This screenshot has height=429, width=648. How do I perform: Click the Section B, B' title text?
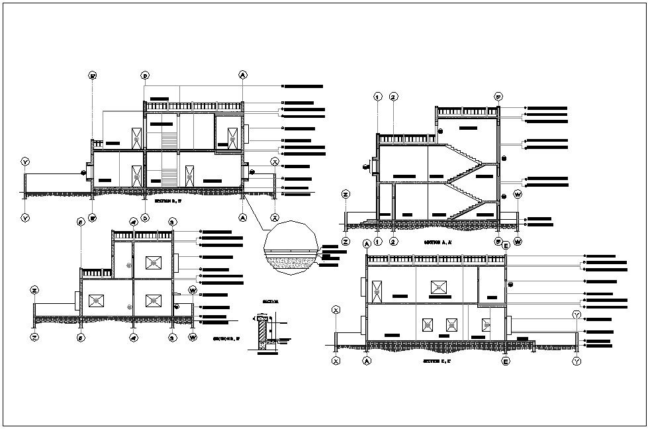pyautogui.click(x=167, y=200)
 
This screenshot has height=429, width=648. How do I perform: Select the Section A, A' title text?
pyautogui.click(x=438, y=243)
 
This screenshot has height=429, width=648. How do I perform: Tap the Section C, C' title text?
pyautogui.click(x=438, y=361)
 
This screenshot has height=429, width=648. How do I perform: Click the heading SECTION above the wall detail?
pyautogui.click(x=271, y=301)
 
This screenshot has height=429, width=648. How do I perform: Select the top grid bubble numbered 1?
pyautogui.click(x=378, y=97)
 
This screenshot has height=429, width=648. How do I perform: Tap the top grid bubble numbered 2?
pyautogui.click(x=394, y=97)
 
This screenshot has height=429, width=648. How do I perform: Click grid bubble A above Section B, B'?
pyautogui.click(x=243, y=75)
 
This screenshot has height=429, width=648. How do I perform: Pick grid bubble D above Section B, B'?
pyautogui.click(x=145, y=75)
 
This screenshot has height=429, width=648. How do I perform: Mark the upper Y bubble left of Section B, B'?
pyautogui.click(x=25, y=162)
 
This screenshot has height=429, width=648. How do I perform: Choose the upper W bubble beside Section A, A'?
pyautogui.click(x=518, y=195)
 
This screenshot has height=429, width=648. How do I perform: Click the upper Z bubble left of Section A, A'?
pyautogui.click(x=346, y=194)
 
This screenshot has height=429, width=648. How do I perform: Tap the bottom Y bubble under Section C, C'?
pyautogui.click(x=577, y=361)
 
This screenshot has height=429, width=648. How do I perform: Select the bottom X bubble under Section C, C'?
pyautogui.click(x=336, y=361)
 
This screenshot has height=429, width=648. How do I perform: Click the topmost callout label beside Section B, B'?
pyautogui.click(x=303, y=86)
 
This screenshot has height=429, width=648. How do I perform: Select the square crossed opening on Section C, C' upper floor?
pyautogui.click(x=438, y=287)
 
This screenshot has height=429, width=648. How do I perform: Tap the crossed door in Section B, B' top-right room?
pyautogui.click(x=233, y=140)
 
